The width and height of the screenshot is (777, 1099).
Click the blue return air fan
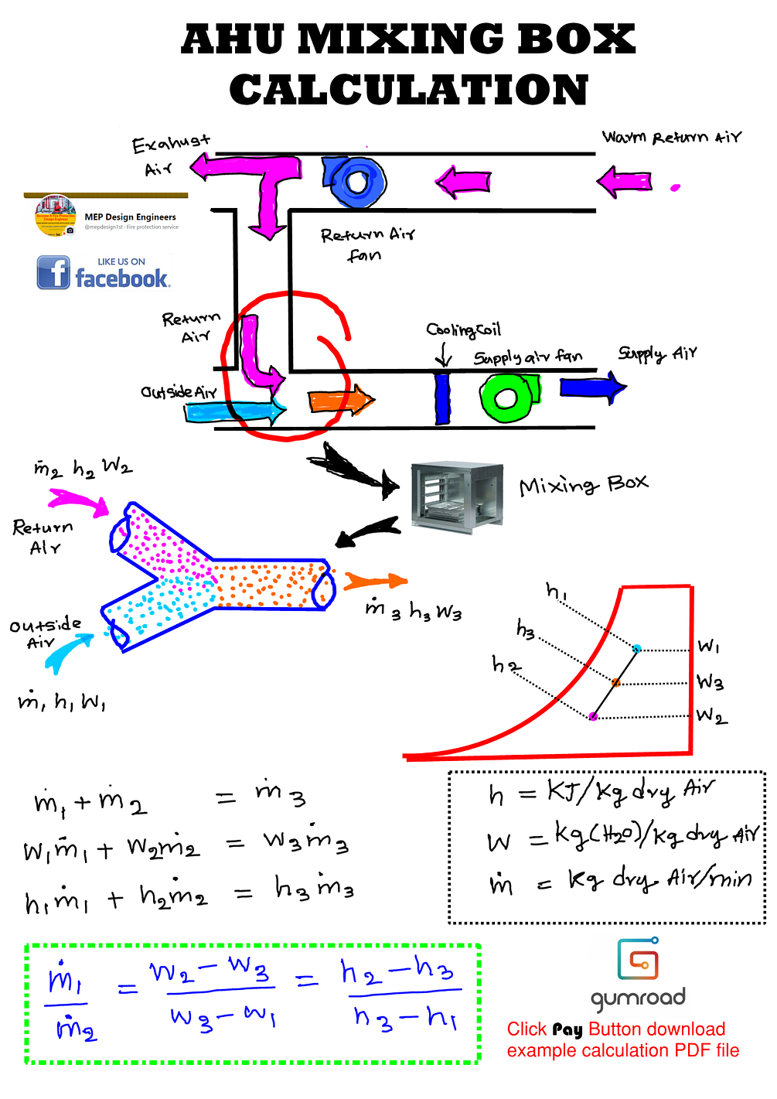[x=354, y=182]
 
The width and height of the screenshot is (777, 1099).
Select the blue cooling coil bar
[x=442, y=398]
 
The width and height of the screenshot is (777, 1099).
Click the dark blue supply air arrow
[x=592, y=387]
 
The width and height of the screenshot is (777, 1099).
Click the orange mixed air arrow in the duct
[x=341, y=401]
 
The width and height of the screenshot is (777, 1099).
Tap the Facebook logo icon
[x=53, y=273]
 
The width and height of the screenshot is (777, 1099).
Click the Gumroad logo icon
[x=638, y=959]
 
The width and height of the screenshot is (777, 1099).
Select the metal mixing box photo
[x=456, y=497]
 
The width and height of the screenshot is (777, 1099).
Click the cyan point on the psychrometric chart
[x=637, y=648]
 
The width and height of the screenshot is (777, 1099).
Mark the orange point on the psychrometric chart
[x=616, y=682]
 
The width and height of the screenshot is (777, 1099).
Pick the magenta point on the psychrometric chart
[x=593, y=716]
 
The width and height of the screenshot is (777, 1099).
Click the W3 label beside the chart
[x=710, y=681]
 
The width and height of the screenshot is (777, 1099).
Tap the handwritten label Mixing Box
[x=583, y=485]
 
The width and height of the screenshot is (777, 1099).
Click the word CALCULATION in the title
[x=409, y=90]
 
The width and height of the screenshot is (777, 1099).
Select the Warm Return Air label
[x=671, y=138]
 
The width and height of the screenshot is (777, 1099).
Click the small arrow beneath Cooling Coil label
[x=444, y=354]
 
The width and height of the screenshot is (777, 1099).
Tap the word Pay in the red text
[x=567, y=1029]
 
